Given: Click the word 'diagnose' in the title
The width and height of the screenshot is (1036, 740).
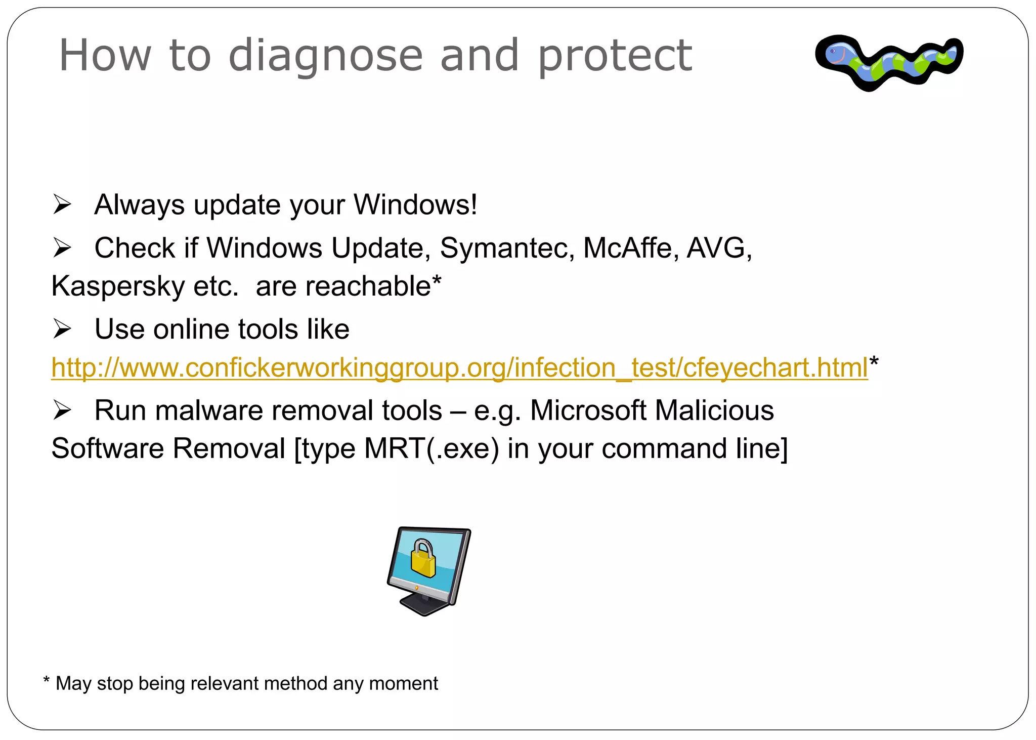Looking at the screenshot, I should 325,56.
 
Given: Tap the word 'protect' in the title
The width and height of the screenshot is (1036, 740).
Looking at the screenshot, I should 614,56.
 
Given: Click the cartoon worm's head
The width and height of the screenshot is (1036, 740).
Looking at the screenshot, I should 838,53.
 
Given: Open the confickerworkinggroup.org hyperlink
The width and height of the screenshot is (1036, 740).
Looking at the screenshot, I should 459,367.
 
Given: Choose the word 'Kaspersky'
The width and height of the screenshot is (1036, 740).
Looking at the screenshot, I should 118,286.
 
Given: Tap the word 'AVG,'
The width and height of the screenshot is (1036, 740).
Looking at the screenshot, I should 719,248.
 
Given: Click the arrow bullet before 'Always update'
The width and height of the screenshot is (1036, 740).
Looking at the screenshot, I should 62,205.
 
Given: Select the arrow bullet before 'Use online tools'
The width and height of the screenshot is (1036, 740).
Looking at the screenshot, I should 62,330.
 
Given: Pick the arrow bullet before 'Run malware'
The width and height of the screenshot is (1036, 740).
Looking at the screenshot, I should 62,410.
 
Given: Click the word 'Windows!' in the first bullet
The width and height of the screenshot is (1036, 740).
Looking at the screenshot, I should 415,205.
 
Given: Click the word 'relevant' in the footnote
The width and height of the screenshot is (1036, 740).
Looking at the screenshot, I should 226,683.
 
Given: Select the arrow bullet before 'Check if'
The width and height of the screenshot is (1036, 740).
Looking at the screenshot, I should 62,248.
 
